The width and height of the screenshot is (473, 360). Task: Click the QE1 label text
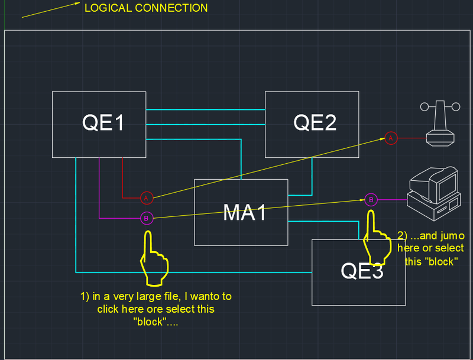pos(103,124)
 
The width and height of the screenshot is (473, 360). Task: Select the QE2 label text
pos(315,123)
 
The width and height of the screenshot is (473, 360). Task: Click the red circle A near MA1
pos(147,197)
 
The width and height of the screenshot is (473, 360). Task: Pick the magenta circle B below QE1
pos(146,219)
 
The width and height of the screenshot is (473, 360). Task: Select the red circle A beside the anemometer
pos(390,138)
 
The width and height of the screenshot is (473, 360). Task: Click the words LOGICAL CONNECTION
pos(146,8)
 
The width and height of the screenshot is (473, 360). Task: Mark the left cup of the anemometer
pos(424,106)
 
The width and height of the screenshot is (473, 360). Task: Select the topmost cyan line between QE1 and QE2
pos(205,110)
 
